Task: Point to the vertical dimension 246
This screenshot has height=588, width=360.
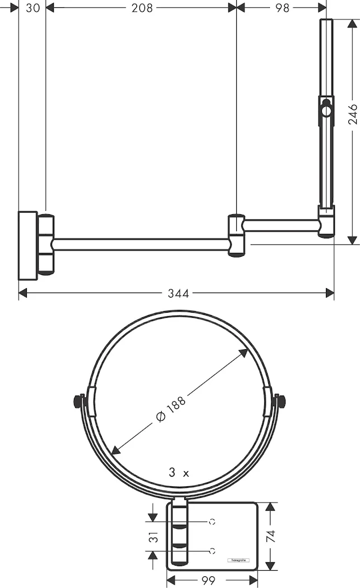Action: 352,115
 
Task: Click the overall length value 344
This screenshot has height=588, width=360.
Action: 178,293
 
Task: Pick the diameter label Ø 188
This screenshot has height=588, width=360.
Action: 171,409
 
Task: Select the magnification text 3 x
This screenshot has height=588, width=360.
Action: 179,473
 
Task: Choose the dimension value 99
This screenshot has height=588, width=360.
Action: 208,581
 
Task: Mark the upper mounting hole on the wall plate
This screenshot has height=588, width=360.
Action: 212,521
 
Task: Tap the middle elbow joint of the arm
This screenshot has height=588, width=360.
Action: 236,235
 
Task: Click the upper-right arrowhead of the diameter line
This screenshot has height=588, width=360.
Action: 245,352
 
